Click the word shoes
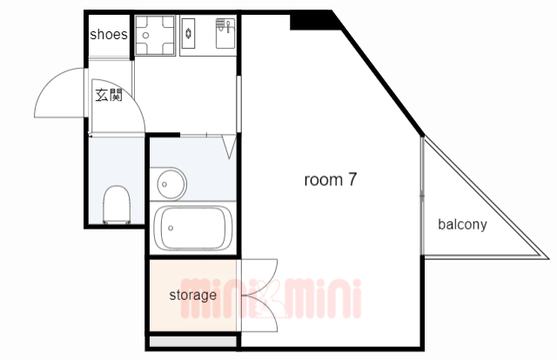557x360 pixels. (x=110, y=35)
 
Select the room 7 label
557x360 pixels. (x=331, y=181)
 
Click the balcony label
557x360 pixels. (x=462, y=224)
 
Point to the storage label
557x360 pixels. (x=192, y=295)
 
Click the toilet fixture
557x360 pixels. (x=115, y=205)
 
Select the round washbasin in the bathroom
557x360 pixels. (x=171, y=183)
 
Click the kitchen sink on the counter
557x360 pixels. (x=225, y=36)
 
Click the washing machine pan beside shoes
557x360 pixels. (x=156, y=35)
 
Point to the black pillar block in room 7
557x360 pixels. (x=310, y=19)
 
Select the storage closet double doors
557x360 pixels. (x=258, y=295)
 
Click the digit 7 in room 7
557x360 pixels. (x=352, y=181)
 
